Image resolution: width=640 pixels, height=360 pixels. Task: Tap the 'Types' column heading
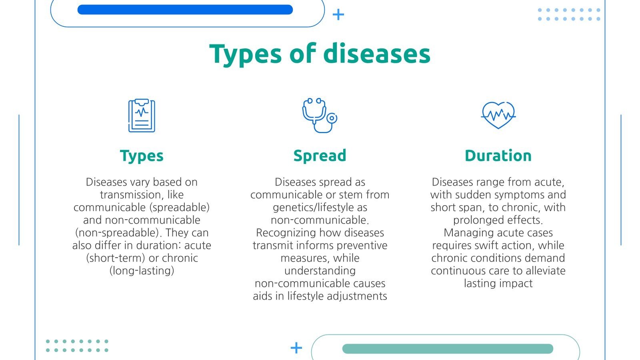click(x=142, y=156)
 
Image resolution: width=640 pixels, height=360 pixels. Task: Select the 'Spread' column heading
click(x=320, y=156)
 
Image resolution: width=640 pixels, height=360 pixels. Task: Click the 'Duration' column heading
click(x=498, y=156)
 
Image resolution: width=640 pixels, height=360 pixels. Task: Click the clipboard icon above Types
click(x=142, y=116)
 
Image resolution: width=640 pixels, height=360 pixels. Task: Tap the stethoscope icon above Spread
click(x=319, y=116)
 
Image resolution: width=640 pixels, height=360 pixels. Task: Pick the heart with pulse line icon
click(x=498, y=115)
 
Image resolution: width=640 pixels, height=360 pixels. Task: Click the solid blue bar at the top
click(x=185, y=10)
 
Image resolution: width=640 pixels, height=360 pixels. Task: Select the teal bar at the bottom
click(x=447, y=349)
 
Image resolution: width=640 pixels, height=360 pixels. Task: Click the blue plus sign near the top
click(x=338, y=15)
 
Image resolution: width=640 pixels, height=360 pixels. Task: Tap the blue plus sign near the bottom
click(x=296, y=348)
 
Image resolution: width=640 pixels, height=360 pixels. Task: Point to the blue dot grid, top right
click(x=569, y=14)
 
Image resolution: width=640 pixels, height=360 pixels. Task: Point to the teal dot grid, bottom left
click(x=77, y=346)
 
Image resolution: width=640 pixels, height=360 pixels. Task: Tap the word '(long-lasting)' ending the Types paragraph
click(x=142, y=271)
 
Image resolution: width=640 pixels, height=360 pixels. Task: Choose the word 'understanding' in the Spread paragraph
click(x=320, y=271)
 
